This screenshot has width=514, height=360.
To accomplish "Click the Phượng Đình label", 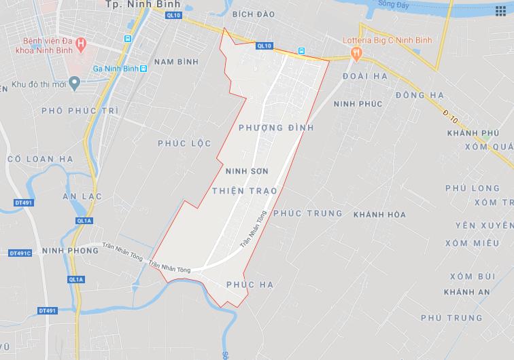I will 276,127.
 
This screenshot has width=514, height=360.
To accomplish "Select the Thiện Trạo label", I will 244,191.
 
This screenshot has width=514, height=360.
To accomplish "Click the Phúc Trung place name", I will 307,213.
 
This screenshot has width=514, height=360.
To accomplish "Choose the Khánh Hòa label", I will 379,215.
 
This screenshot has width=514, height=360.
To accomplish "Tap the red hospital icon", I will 82,46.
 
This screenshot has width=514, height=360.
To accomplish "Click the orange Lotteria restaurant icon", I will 354,52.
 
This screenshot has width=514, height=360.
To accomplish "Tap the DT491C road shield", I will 20,253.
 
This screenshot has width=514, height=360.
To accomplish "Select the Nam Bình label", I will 176,62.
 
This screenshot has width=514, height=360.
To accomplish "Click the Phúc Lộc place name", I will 184,143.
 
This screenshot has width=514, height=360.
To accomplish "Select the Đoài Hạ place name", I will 365,76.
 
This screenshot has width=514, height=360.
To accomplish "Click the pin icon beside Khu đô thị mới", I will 75,84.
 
